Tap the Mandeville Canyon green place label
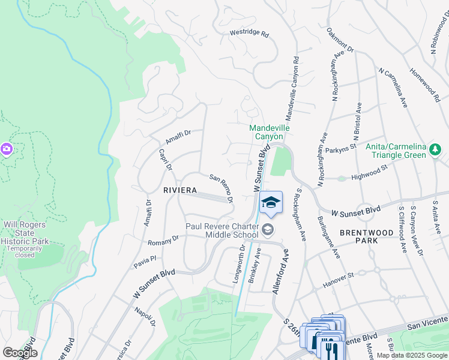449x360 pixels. (x=270, y=132)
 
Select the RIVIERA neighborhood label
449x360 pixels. (x=180, y=190)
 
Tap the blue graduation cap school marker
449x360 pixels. (x=271, y=203)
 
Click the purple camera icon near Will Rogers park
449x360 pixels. (x=6, y=148)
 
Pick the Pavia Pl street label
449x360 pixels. (x=144, y=259)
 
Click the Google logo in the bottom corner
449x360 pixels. (x=20, y=352)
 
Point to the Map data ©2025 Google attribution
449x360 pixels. (x=411, y=355)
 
